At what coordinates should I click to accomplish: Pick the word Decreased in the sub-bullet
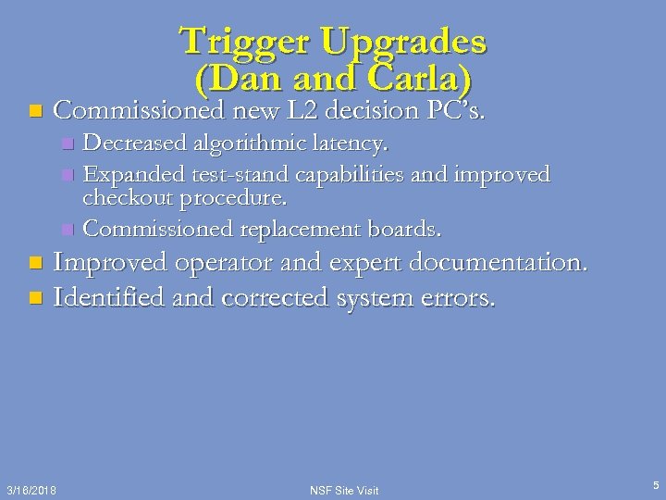click(137, 144)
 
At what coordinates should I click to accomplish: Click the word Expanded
click(132, 174)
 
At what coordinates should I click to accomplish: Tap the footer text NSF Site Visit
click(343, 489)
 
